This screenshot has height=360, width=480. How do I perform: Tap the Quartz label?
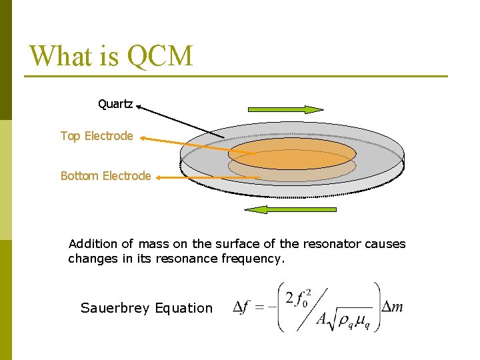115,104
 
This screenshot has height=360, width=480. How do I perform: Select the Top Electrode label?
97,136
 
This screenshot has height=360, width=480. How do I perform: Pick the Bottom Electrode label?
105,176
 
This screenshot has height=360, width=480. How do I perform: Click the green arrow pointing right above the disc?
285,109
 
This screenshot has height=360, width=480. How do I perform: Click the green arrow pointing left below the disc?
290,209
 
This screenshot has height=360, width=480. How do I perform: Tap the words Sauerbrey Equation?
146,308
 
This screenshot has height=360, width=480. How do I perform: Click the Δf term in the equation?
244,307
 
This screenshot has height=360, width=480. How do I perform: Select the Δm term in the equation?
392,307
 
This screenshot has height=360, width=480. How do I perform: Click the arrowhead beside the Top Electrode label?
145,139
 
